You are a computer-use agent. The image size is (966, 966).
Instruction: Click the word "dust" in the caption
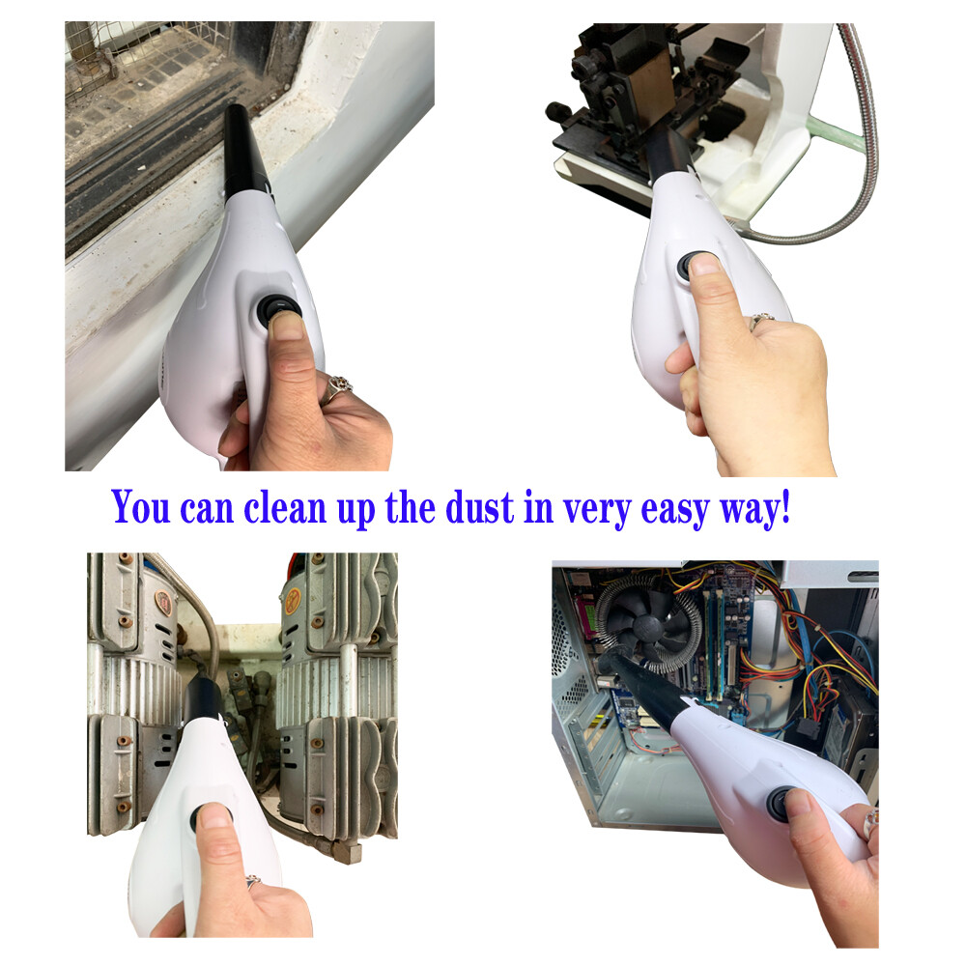pos(479,508)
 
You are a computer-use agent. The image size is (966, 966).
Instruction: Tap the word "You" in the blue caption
pos(140,508)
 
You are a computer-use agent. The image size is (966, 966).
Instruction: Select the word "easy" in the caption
pos(675,511)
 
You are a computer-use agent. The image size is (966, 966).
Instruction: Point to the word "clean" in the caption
pos(285,508)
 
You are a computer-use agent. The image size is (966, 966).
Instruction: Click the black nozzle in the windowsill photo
pos(244,152)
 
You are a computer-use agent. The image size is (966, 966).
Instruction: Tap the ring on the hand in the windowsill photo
pos(336,388)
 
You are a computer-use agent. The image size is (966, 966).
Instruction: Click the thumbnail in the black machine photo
pos(704,265)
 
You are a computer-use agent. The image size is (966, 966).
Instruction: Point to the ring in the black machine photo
pos(760,321)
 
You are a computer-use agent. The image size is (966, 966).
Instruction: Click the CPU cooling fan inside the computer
pos(648,624)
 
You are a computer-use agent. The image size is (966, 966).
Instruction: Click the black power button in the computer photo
pos(778,804)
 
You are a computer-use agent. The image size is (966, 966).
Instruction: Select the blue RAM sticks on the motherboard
pos(715,640)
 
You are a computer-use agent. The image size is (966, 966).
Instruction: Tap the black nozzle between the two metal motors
pos(203,698)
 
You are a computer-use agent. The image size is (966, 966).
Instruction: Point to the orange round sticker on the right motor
pos(294,598)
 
